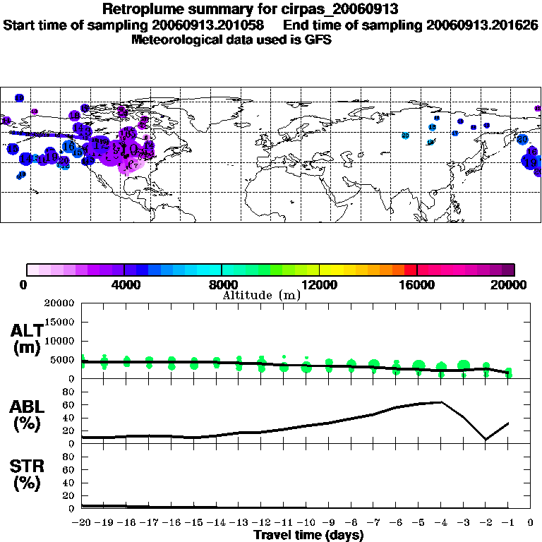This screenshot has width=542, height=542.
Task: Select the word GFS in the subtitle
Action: pyautogui.click(x=318, y=40)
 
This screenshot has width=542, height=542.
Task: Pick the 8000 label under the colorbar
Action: pyautogui.click(x=222, y=284)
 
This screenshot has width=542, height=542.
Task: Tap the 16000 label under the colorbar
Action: pyautogui.click(x=417, y=284)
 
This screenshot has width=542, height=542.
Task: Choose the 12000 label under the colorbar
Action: pyautogui.click(x=319, y=284)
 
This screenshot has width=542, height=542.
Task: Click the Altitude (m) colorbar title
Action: pyautogui.click(x=261, y=295)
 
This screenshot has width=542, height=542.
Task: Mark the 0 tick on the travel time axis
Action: pyautogui.click(x=531, y=523)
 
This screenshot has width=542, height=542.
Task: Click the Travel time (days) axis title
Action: pyautogui.click(x=308, y=535)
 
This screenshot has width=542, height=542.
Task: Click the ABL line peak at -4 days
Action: pyautogui.click(x=441, y=402)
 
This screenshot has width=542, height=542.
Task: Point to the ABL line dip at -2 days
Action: pyautogui.click(x=486, y=440)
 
